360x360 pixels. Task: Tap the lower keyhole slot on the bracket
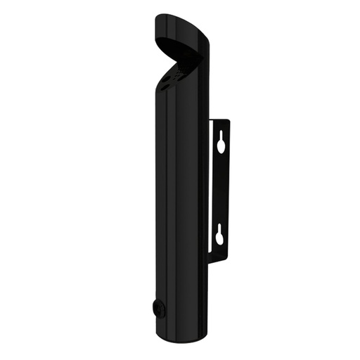219,236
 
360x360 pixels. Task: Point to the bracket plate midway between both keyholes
221,190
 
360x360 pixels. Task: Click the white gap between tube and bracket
210,190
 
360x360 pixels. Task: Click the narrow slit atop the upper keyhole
221,136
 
